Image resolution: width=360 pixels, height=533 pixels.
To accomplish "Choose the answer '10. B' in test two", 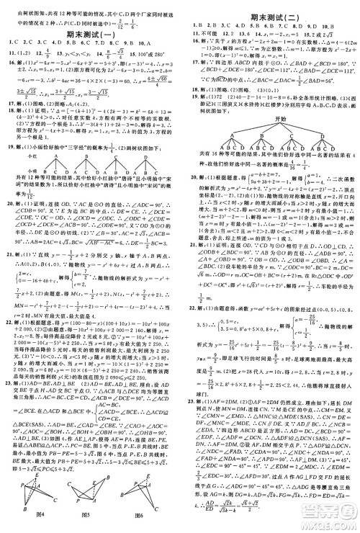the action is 335,25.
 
